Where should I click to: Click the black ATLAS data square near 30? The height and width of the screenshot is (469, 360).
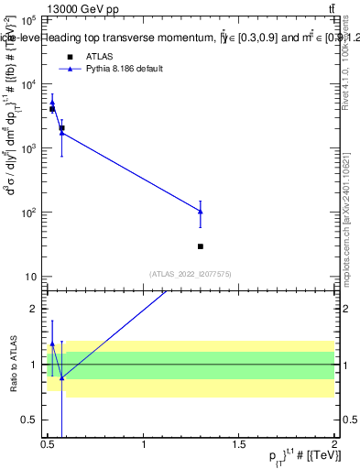point(200,246)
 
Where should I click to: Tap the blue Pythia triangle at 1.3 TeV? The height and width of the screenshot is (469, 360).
point(200,212)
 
